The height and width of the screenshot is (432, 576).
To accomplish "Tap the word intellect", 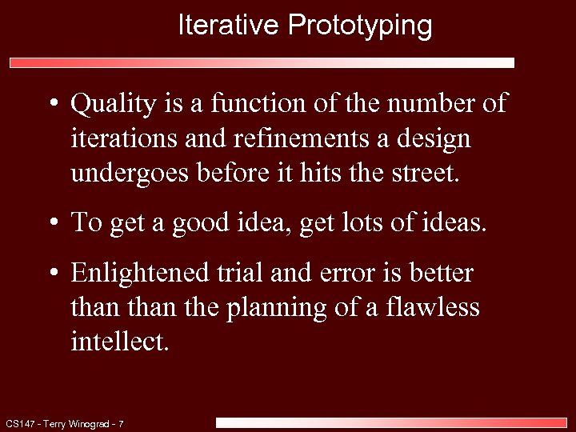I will click(120, 342).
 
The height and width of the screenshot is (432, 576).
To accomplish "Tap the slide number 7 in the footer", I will click(120, 423).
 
